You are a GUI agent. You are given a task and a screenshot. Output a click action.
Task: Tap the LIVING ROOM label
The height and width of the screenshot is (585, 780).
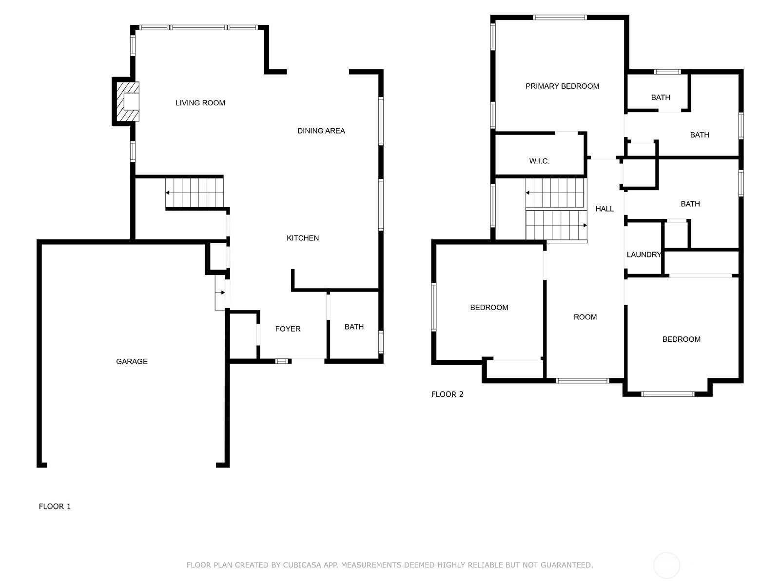200,103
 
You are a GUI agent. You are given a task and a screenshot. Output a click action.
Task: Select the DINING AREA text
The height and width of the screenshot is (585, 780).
321,131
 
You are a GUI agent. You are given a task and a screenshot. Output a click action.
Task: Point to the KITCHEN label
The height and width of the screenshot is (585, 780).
302,238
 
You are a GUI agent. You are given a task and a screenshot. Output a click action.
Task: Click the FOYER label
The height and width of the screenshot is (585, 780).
288,329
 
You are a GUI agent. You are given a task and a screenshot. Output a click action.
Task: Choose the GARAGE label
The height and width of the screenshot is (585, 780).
132,361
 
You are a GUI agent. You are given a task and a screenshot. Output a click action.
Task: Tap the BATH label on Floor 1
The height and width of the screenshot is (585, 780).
354,327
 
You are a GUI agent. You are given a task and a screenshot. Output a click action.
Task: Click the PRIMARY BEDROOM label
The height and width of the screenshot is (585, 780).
562,86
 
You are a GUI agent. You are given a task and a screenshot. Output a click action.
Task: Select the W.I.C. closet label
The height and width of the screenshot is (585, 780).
539,161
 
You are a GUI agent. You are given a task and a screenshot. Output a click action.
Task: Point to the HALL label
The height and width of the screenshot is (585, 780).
604,209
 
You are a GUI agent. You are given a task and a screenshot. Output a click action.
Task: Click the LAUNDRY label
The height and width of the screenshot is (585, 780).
643,254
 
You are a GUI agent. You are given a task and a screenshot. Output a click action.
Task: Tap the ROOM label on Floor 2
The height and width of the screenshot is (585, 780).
585,317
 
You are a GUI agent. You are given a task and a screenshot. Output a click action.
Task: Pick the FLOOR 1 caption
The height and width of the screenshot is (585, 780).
55,507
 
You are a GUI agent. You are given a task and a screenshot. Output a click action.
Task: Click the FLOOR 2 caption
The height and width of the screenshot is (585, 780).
447,394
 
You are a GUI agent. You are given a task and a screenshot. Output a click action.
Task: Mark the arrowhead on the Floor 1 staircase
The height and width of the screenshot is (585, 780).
167,193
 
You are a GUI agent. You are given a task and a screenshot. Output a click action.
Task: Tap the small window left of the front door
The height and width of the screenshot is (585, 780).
282,361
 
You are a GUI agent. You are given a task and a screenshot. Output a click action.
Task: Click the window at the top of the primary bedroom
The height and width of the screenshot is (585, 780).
560,18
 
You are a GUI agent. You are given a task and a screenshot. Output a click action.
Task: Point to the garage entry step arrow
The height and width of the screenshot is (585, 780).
220,292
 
